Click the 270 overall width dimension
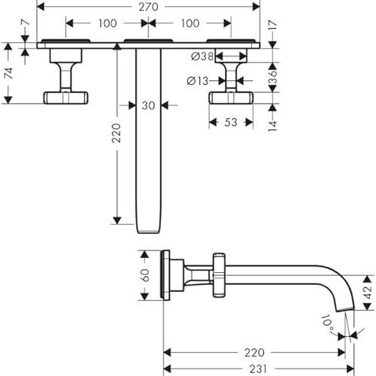[x=148, y=7]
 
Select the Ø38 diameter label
[x=202, y=56]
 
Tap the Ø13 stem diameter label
[x=198, y=80]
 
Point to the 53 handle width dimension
[x=231, y=123]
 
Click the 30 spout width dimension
[x=148, y=105]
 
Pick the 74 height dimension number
[x=9, y=73]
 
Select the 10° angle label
[x=328, y=322]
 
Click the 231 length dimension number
[x=258, y=369]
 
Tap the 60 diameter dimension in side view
[x=145, y=275]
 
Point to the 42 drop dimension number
[x=368, y=293]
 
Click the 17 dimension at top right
[x=273, y=26]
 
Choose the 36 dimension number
[x=273, y=77]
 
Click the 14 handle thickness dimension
[x=273, y=126]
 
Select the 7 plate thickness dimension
[x=26, y=23]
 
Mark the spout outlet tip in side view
[x=345, y=309]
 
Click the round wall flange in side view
[x=165, y=275]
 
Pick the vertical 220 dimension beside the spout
[x=116, y=133]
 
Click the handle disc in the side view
[x=219, y=275]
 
